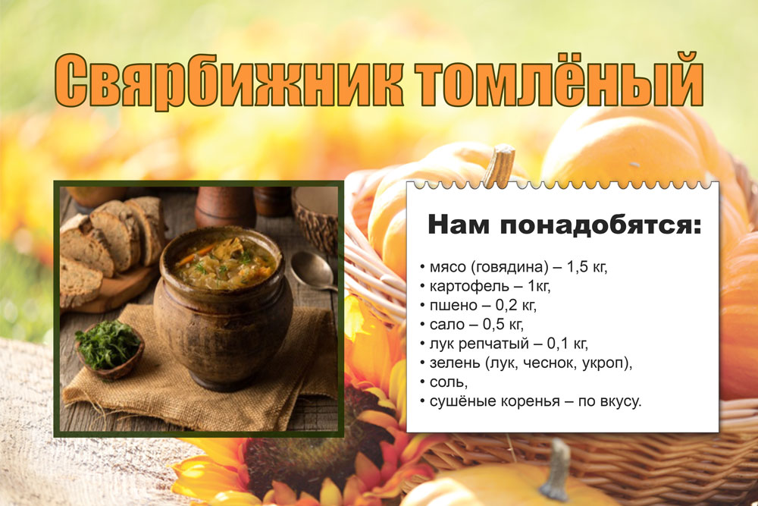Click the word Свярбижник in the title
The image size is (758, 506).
[229, 80]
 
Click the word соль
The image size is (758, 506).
[449, 382]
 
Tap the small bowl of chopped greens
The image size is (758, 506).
[109, 349]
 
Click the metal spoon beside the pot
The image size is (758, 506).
[314, 271]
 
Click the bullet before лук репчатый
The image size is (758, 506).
[422, 344]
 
